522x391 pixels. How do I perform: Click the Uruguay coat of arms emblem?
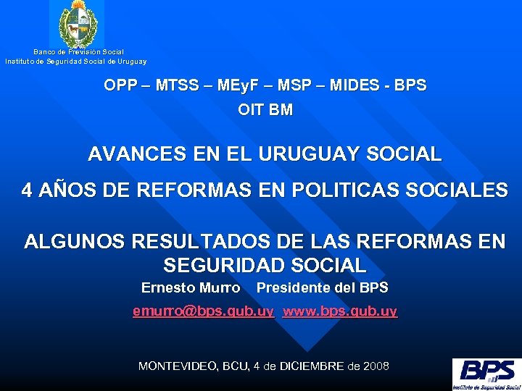point(76,25)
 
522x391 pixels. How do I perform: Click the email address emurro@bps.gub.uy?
point(203,311)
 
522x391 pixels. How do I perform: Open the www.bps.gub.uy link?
point(340,311)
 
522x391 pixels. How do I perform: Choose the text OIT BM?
point(265,111)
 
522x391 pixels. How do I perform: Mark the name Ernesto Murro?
point(191,288)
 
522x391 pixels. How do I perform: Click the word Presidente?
point(293,288)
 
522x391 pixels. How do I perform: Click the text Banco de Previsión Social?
point(78,52)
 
